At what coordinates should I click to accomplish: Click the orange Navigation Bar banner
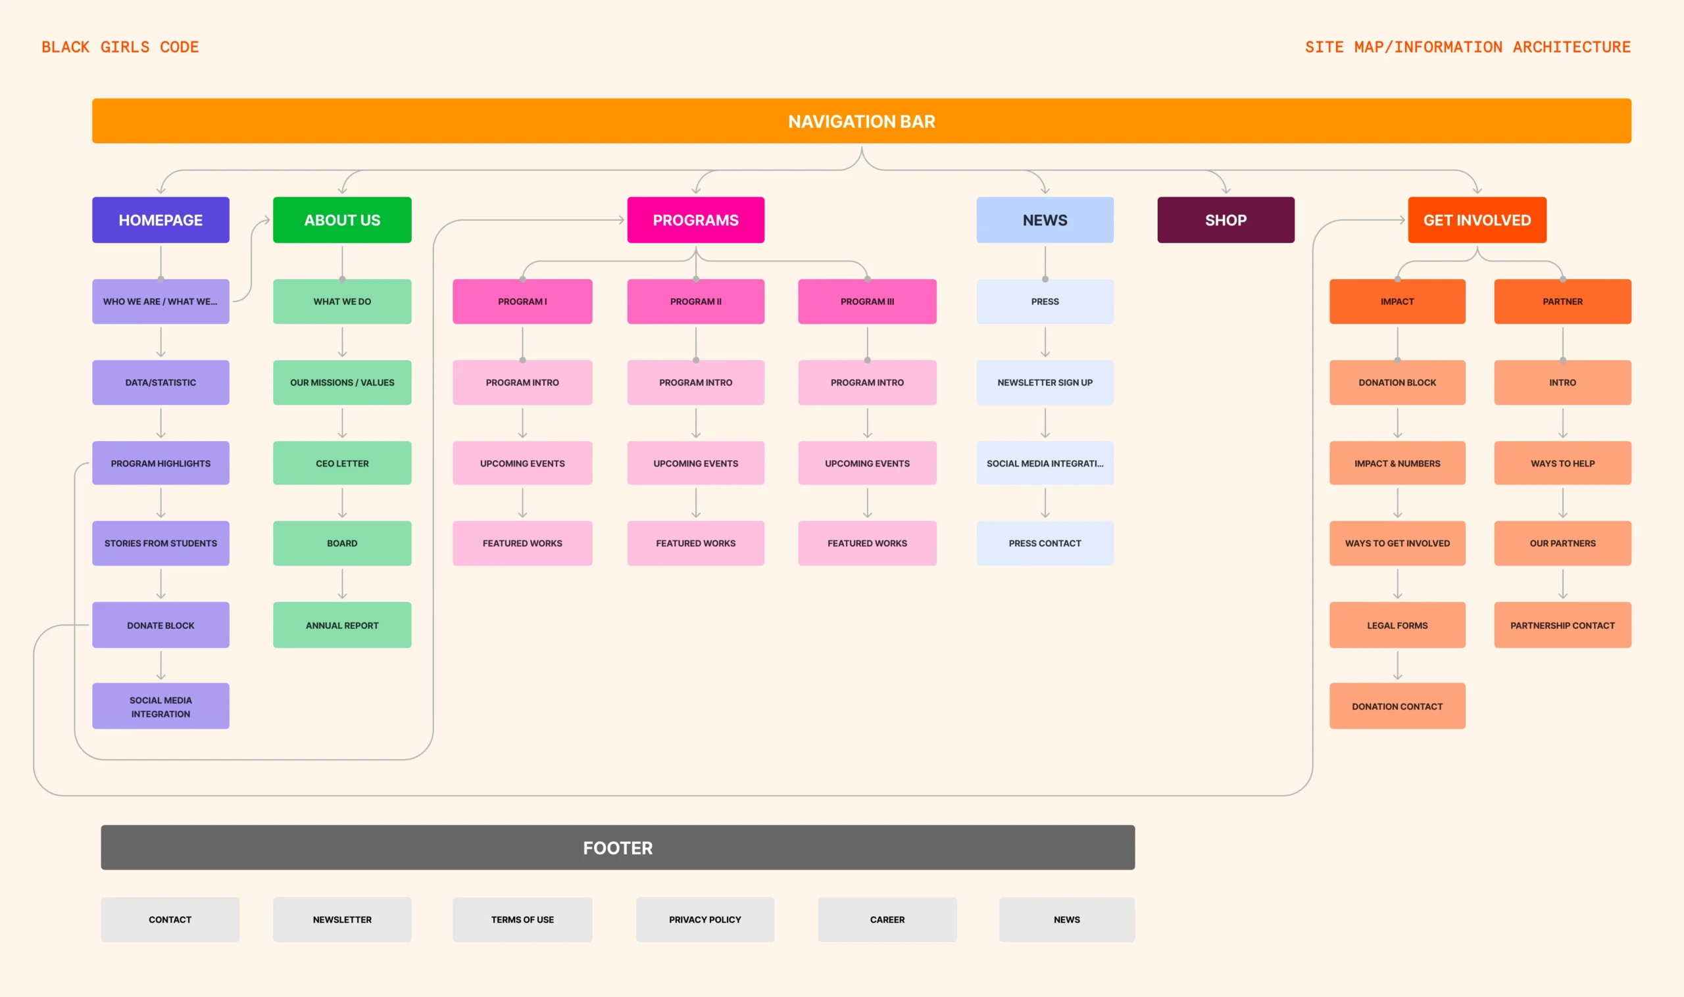861,121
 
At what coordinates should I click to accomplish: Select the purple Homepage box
161,220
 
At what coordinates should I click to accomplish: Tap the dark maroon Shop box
1226,220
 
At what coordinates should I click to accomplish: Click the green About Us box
342,220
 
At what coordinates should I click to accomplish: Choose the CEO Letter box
342,463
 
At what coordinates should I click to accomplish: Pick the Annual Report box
342,625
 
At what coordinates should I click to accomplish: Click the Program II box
696,302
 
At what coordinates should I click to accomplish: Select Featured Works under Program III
867,543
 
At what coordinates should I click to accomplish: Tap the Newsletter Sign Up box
1045,383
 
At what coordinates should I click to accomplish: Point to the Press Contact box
1045,543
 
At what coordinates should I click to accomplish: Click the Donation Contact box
1397,706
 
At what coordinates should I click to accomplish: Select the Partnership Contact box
1562,625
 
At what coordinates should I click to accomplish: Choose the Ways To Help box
1562,463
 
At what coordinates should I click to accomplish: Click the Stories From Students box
161,543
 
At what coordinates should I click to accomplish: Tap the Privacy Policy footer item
705,919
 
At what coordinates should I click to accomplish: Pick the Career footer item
887,919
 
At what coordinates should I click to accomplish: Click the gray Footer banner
618,847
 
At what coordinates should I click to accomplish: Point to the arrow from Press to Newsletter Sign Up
1045,342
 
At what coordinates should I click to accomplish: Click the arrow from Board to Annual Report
342,584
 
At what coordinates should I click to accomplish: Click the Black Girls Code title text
120,47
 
